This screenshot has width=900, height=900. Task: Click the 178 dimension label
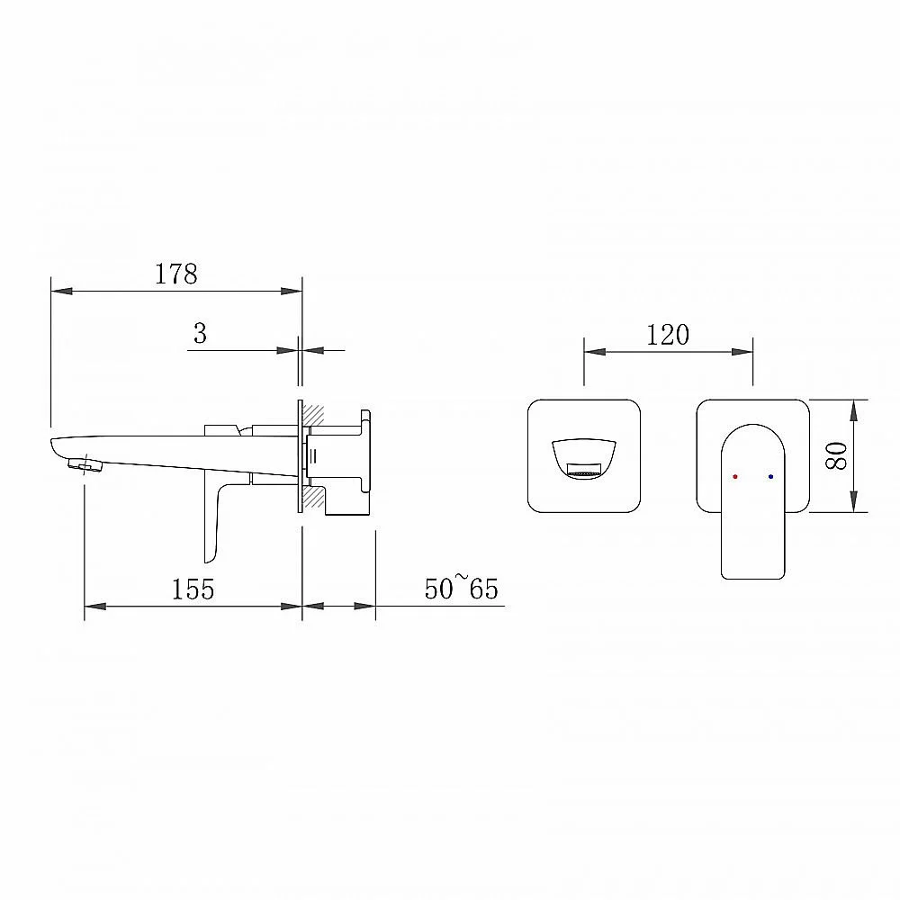[x=176, y=274]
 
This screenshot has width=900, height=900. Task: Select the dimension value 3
[x=200, y=334]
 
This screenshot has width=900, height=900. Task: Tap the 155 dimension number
[x=193, y=589]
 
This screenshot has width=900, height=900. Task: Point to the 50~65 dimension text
[x=461, y=588]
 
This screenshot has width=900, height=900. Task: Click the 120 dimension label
[x=668, y=335]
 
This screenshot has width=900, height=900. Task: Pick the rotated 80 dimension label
[x=837, y=455]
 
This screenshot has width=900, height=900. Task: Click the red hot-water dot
[x=735, y=476]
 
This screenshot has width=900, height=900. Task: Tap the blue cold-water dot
[x=770, y=476]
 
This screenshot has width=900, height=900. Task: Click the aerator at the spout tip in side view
[x=85, y=464]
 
